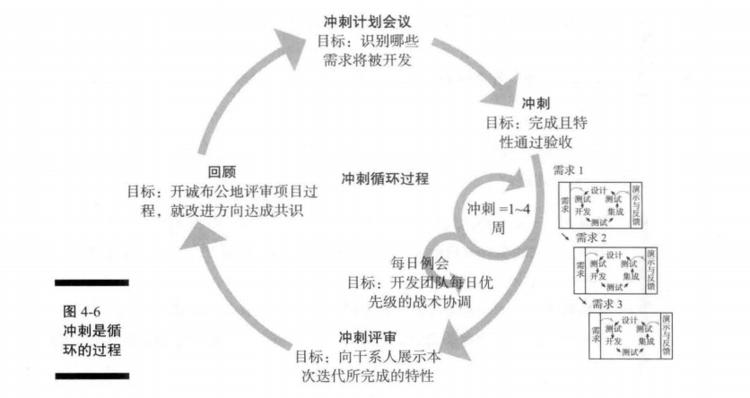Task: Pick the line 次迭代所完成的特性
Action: coord(368,376)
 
